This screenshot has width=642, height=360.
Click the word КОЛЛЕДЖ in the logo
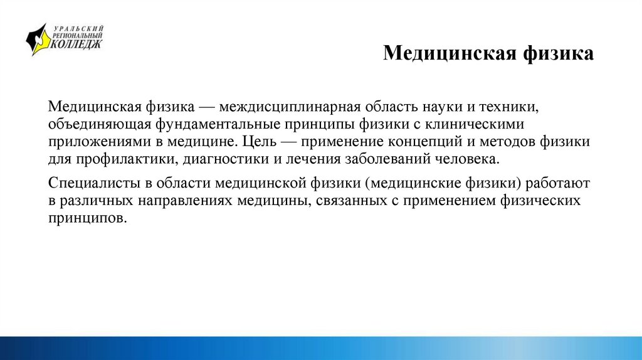click(x=76, y=45)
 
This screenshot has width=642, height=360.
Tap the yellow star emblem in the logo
click(x=38, y=39)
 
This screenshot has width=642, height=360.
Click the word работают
click(x=557, y=184)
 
